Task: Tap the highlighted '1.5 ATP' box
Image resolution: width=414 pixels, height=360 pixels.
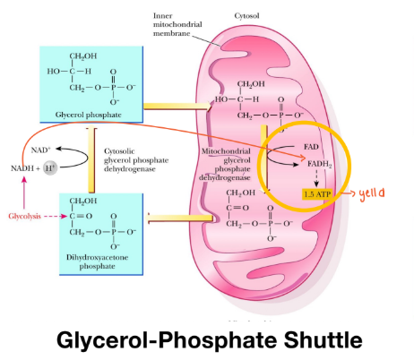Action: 319,193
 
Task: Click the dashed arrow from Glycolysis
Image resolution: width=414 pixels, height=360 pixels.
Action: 56,216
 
